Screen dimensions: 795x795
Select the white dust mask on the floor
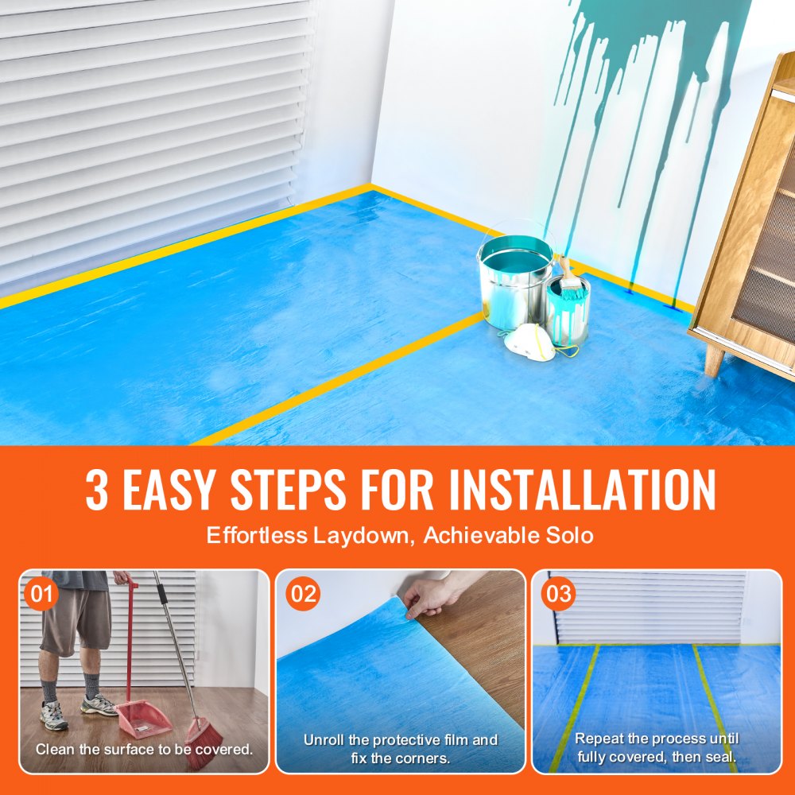tap(530, 342)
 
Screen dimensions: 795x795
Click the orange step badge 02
tap(303, 594)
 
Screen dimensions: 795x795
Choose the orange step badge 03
tap(559, 594)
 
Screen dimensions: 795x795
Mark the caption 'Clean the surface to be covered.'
tap(144, 749)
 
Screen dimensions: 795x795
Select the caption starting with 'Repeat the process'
tap(657, 748)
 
